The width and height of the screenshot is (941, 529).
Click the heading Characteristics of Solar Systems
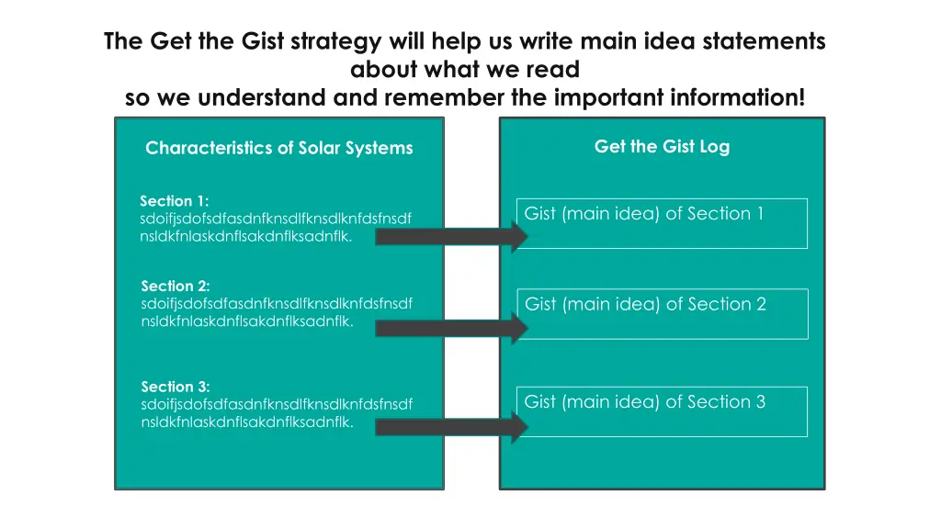[x=278, y=148]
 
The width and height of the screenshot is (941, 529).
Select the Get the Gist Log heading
[x=662, y=146]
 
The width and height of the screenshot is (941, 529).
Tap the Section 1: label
[x=174, y=200]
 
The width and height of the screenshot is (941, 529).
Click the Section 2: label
[x=176, y=286]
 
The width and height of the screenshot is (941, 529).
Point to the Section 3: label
[x=175, y=387]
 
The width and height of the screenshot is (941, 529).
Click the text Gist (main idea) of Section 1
[x=643, y=214]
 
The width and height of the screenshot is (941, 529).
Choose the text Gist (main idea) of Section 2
[x=645, y=304]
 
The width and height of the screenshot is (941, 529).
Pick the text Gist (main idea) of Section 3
[x=644, y=401]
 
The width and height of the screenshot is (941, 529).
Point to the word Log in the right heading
[x=714, y=146]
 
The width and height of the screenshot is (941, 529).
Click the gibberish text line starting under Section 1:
[x=275, y=219]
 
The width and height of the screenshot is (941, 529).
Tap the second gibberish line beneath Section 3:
[x=246, y=422]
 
